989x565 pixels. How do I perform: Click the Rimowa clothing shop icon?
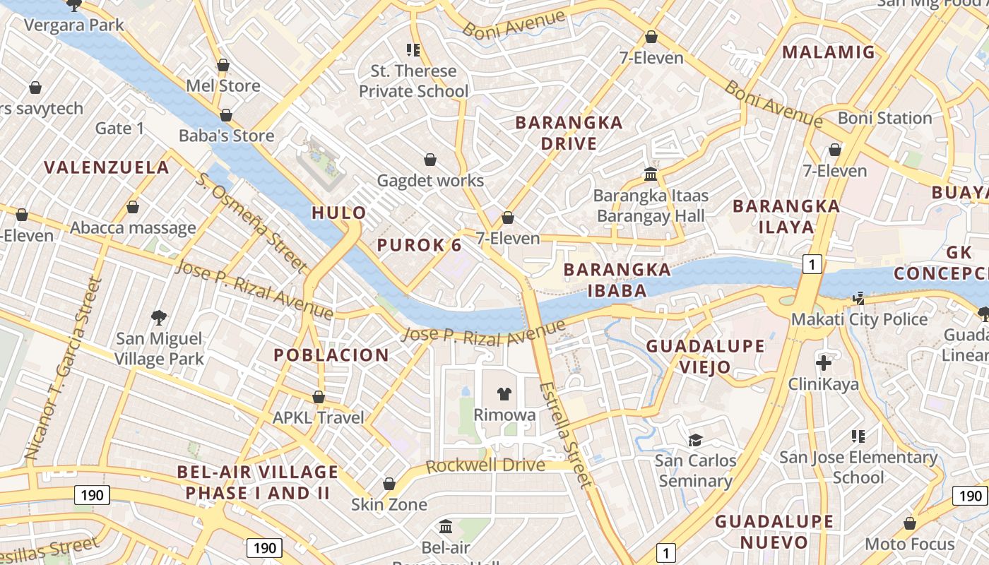pos(504,394)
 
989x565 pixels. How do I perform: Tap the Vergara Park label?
pos(73,25)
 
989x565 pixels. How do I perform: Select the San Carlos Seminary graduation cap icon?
pos(695,440)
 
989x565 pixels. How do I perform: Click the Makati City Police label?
pos(859,319)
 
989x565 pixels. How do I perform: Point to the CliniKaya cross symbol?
pos(823,363)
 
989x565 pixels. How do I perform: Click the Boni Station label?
pos(884,118)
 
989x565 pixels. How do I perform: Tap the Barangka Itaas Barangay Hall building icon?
pos(650,174)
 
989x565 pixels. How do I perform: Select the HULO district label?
pos(339,213)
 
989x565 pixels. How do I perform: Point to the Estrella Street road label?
pos(564,435)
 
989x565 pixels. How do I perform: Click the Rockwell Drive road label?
pos(485,465)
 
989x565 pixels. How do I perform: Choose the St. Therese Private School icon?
pos(413,49)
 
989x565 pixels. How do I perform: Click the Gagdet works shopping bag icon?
pos(430,160)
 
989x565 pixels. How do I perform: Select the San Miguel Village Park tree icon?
pos(159,318)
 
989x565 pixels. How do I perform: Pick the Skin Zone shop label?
pos(389,504)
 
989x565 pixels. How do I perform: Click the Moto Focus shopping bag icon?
pos(910,523)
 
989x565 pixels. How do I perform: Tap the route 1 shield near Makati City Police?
pos(812,264)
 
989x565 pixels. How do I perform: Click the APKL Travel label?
pos(319,417)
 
